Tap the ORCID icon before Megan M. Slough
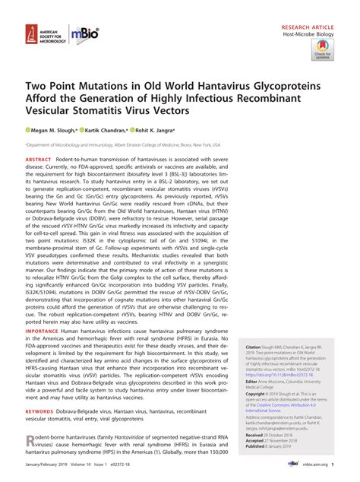pos(29,129)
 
